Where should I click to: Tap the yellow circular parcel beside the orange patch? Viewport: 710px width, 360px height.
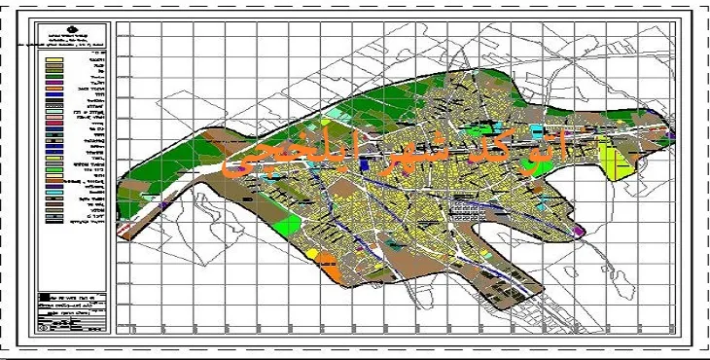coord(313,255)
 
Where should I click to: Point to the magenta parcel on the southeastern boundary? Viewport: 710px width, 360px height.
coord(579,231)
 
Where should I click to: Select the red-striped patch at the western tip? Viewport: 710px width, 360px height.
coord(125,231)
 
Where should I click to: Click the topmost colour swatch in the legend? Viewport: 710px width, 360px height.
coord(54,60)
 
